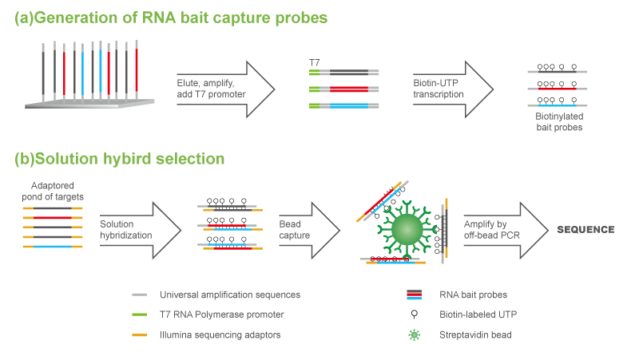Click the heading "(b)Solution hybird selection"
coord(120,159)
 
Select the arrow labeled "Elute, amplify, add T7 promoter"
coord(224,88)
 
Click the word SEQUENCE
coord(585,230)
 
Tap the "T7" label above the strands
coord(314,61)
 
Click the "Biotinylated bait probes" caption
coord(558,121)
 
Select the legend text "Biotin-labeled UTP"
coord(476,315)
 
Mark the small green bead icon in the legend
coord(413,334)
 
